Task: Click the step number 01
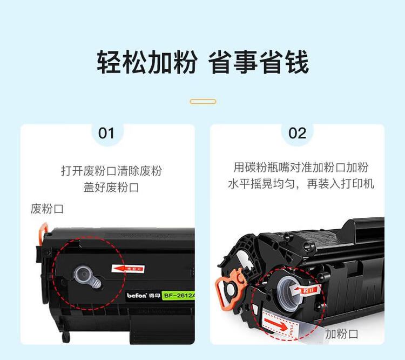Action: (106, 134)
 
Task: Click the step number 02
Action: (297, 134)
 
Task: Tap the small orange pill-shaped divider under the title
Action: (203, 102)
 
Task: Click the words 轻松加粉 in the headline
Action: (146, 63)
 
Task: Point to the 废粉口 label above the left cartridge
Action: (47, 209)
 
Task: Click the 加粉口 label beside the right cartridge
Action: (341, 334)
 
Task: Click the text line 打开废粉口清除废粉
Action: (111, 171)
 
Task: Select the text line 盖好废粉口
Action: (111, 188)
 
